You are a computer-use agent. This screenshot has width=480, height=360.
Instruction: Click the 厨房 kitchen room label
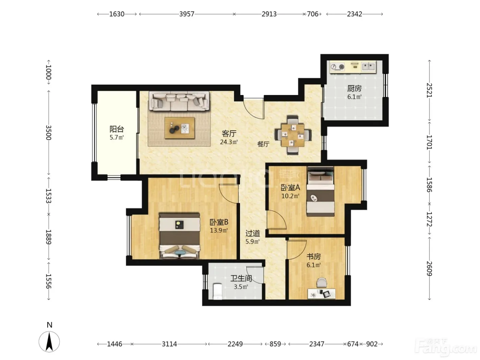point(354,88)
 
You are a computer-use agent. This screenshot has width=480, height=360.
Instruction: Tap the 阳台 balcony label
point(117,129)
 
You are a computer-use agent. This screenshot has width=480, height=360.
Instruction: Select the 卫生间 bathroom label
point(241,278)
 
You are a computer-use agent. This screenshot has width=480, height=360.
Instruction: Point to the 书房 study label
point(314,256)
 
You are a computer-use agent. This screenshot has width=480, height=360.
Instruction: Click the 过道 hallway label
point(253,233)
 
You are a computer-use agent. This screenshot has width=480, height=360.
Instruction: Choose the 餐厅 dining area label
point(263,144)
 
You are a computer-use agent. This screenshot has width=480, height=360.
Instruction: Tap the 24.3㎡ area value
point(229,142)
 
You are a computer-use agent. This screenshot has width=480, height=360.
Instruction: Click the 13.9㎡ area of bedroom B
point(219,230)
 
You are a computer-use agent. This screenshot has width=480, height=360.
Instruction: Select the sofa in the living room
point(179,101)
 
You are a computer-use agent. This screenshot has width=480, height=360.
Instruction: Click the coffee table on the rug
point(180,128)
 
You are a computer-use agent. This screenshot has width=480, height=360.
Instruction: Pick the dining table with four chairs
point(293,135)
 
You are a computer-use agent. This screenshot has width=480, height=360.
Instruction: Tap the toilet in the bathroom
point(218,291)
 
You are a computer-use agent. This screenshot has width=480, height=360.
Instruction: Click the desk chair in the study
point(322,283)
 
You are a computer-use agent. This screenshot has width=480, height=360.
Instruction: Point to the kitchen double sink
point(369,66)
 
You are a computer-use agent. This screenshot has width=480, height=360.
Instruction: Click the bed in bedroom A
point(321,192)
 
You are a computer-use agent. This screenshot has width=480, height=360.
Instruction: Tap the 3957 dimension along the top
point(187,14)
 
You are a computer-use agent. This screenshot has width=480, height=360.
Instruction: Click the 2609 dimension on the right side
point(429,269)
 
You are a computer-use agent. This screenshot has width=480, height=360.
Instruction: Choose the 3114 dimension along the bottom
point(169,344)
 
